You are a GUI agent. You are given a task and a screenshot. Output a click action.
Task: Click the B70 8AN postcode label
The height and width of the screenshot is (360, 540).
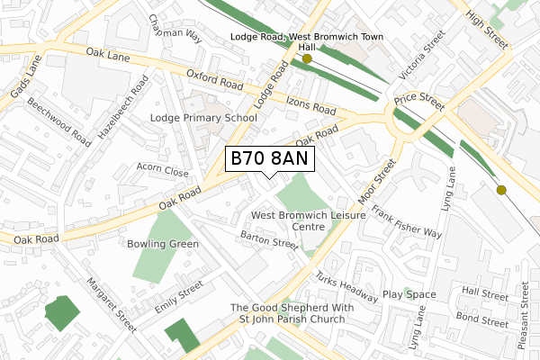click(269, 159)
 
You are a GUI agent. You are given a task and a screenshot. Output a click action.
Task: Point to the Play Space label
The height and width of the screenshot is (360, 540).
click(409, 294)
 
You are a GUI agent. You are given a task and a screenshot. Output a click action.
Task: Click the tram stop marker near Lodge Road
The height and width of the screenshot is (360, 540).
click(307, 58)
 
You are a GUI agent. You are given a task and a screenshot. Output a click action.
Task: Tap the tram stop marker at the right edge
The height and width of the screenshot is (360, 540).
click(501, 190)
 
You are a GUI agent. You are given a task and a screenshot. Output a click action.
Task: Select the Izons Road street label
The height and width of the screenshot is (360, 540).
click(311, 105)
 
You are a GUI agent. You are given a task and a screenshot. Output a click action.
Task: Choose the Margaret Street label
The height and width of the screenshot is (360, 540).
click(111, 305)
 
